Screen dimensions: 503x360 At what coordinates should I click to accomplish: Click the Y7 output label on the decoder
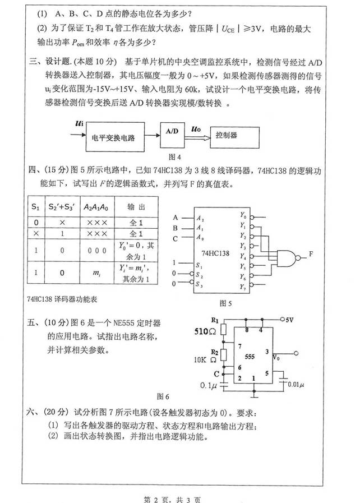tap(242, 287)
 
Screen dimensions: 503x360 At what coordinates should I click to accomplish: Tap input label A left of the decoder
tap(176, 217)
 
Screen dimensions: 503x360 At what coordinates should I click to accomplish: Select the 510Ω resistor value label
tap(202, 330)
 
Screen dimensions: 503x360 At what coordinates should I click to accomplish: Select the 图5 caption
tap(226, 303)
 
